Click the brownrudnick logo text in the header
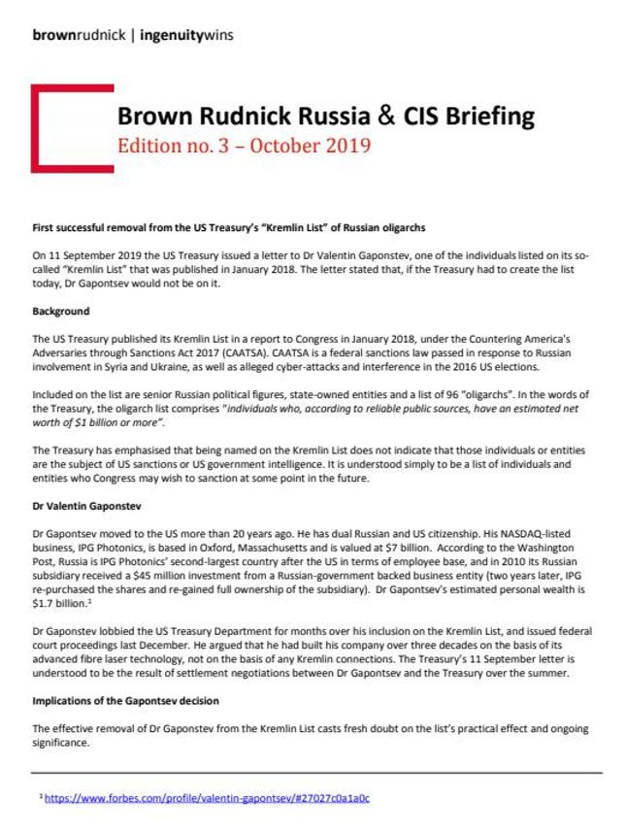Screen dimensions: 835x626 tap(77, 36)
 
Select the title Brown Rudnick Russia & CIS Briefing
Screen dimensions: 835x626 tap(325, 117)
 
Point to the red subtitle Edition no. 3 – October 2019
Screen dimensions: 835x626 tap(244, 147)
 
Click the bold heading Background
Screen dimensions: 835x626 tap(60, 312)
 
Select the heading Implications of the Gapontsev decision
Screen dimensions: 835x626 tap(125, 700)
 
